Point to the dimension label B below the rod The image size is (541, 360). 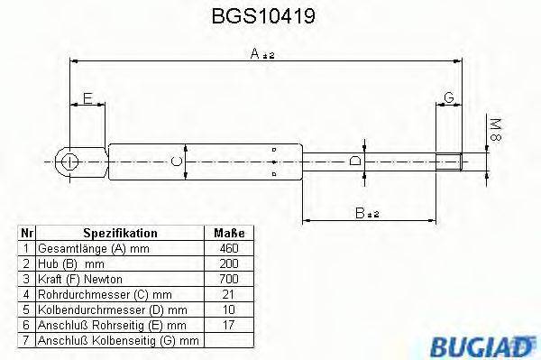pos(364,212)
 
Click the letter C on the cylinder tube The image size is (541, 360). pos(178,162)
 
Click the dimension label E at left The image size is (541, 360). pos(86,97)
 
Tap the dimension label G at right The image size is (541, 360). pos(448,97)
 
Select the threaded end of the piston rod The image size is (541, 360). pos(451,162)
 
